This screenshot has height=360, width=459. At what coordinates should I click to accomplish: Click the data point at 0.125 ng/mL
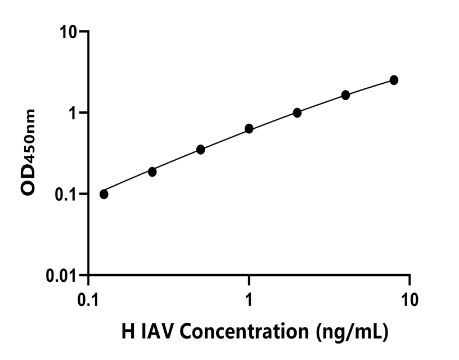(103, 194)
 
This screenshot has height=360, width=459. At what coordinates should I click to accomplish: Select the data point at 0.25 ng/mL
(152, 172)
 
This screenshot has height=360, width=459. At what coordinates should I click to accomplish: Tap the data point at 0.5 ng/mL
(200, 149)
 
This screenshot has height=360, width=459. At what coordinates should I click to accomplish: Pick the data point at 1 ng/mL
(249, 129)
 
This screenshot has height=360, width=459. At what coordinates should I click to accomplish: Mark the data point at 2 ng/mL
(297, 112)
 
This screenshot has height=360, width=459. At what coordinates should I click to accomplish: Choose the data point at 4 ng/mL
(345, 95)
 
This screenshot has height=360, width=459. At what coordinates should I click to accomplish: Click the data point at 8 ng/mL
(394, 80)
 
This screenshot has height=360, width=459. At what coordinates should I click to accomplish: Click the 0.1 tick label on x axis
(88, 299)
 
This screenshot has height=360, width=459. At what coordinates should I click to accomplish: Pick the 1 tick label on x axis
(249, 299)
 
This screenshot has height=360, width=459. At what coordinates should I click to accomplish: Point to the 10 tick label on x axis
(409, 299)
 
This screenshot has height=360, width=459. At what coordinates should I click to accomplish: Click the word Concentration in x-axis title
(242, 332)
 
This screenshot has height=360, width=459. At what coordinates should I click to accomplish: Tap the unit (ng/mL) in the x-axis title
(350, 332)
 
